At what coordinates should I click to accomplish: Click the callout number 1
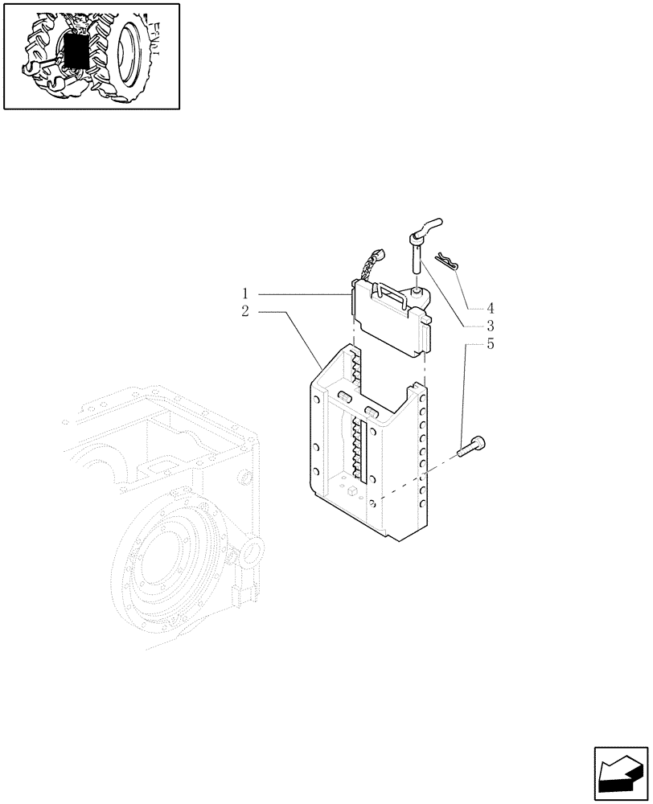pyautogui.click(x=245, y=293)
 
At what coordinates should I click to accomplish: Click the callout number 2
pyautogui.click(x=245, y=310)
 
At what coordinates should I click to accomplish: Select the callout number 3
pyautogui.click(x=489, y=326)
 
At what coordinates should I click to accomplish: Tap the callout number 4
pyautogui.click(x=489, y=308)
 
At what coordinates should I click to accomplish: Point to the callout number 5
pyautogui.click(x=489, y=344)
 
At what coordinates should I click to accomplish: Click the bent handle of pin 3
pyautogui.click(x=425, y=227)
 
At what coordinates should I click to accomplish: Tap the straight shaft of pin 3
pyautogui.click(x=417, y=261)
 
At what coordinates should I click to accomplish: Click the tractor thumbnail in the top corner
pyautogui.click(x=91, y=55)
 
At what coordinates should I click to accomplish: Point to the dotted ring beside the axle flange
pyautogui.click(x=250, y=552)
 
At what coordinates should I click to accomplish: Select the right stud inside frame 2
pyautogui.click(x=372, y=412)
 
